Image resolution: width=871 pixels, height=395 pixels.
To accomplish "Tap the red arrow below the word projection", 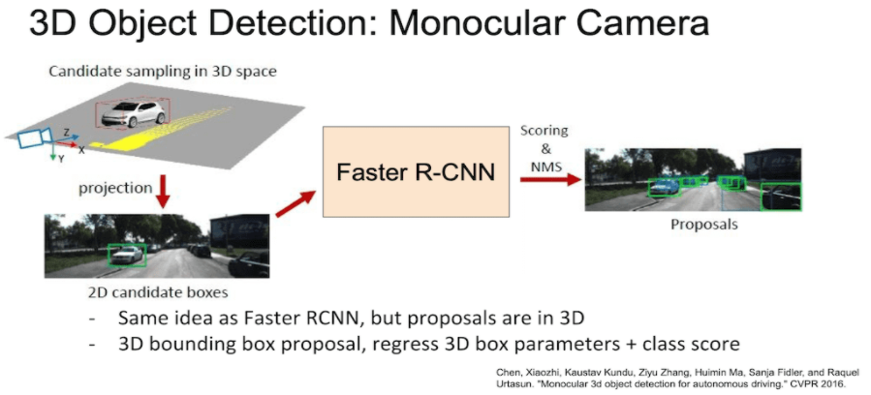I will [x=162, y=193].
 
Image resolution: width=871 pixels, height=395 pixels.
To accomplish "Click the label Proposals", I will [x=704, y=225].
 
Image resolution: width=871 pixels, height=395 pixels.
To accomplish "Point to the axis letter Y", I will [x=61, y=158].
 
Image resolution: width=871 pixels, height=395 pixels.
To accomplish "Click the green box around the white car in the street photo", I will [x=127, y=254].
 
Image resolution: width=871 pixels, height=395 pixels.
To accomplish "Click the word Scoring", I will [x=544, y=130].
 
